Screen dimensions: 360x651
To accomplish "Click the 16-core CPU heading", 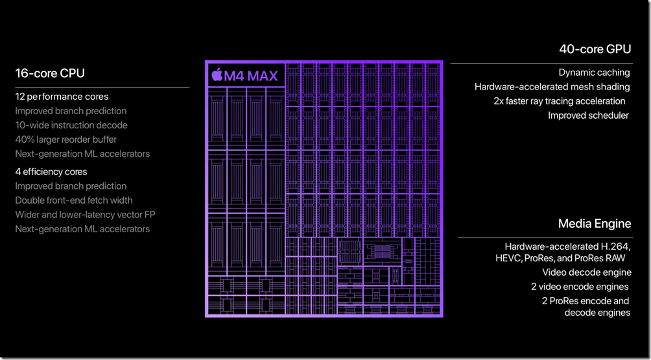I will [x=50, y=73].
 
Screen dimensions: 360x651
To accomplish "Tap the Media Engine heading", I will [x=595, y=224].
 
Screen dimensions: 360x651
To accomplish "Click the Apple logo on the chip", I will [x=217, y=76].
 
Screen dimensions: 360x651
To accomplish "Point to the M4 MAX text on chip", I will [x=252, y=77].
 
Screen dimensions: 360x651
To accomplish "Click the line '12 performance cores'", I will [x=62, y=97].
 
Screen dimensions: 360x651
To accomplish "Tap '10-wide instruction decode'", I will [x=71, y=125].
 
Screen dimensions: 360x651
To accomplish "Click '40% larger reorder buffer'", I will [x=66, y=139].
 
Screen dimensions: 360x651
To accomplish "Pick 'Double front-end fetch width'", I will [x=73, y=200].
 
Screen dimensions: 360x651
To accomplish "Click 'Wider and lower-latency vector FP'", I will [x=85, y=215].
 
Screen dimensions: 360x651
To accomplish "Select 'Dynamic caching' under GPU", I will [x=594, y=73].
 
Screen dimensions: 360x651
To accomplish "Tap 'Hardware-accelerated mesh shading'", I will [x=552, y=87].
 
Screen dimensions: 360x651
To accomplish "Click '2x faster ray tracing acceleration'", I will [x=559, y=101].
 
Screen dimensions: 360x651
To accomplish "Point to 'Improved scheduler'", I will [x=588, y=115].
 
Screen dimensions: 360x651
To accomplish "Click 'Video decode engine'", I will [x=587, y=272].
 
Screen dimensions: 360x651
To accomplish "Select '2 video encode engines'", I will [x=580, y=287].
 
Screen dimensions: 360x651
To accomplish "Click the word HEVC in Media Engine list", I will [x=509, y=258].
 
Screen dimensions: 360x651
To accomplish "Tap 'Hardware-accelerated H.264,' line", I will [x=567, y=246].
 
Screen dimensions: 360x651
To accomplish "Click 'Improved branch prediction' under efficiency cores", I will [x=71, y=186].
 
